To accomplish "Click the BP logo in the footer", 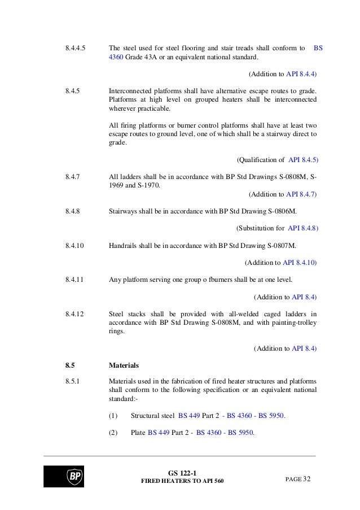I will [63, 476].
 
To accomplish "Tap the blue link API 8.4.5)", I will [303, 160].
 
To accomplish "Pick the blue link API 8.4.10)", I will [300, 263].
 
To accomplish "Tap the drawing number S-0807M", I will [279, 246].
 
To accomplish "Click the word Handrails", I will [123, 246].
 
